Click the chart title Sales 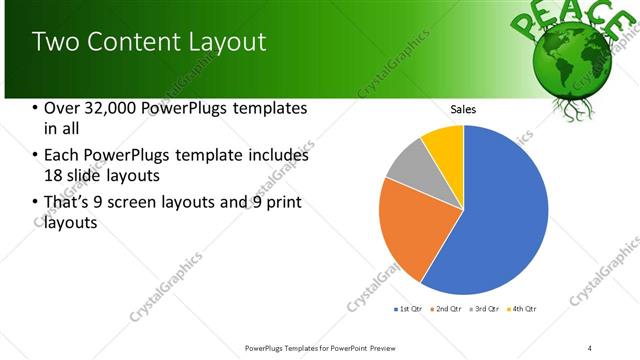(x=463, y=109)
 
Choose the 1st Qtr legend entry (x=409, y=309)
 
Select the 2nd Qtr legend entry (x=446, y=309)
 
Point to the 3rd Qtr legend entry (x=484, y=309)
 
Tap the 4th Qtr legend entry (x=521, y=309)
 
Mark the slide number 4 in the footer (x=590, y=348)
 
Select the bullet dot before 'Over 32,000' (x=36, y=108)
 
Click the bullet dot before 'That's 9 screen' (x=36, y=203)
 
